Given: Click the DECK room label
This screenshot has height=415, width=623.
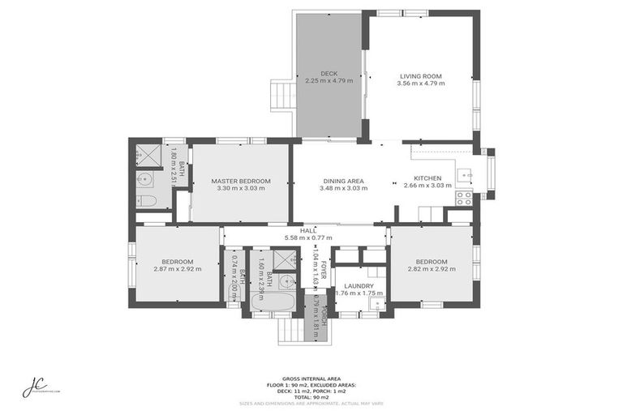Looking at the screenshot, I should point(328,74).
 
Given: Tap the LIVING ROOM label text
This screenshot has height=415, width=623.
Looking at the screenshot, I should point(420,74).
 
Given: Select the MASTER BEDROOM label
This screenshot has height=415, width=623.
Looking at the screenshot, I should point(240,180).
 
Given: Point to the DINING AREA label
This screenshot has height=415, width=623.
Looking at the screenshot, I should point(343,180).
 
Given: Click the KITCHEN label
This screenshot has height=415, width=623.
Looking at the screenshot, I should point(428,178).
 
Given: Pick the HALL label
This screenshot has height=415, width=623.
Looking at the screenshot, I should point(307,230).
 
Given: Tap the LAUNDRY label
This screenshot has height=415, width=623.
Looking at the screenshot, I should point(359,285).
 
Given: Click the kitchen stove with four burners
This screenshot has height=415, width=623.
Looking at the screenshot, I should point(464,197).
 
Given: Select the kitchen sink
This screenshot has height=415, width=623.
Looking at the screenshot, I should point(465,173).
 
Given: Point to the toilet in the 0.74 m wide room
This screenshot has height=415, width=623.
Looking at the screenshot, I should point(233,293).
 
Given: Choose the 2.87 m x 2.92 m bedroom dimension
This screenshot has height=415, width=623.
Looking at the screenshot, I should point(177,269).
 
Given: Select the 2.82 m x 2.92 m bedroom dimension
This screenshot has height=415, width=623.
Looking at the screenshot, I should point(431,269).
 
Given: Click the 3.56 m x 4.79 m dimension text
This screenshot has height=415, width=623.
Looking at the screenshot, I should point(420,83).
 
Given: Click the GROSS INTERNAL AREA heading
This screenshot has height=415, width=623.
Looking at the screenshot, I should point(311,379).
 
